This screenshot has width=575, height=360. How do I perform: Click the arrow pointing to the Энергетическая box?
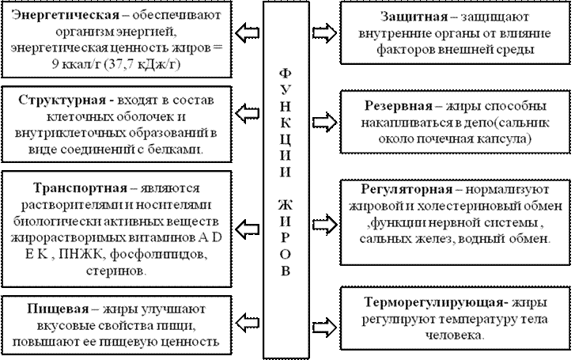coord(248,32)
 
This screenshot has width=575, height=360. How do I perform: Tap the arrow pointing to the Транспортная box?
coord(248,211)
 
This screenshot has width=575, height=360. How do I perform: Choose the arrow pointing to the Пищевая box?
coord(248,319)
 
